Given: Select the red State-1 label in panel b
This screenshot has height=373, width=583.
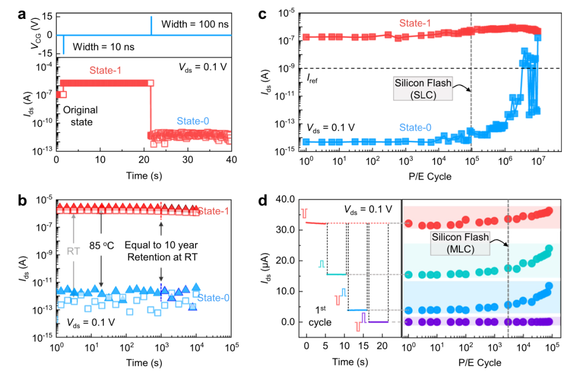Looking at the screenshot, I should (212, 211).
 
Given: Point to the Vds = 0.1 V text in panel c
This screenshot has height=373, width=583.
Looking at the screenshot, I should (331, 128).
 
